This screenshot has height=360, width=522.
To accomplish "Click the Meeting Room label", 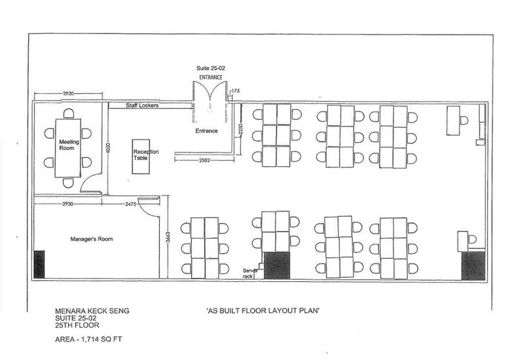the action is tap(69, 145).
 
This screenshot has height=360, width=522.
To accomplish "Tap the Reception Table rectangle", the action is tap(141, 157).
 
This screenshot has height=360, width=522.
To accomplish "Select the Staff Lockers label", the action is tap(142, 105).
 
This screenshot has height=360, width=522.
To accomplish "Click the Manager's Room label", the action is tap(91, 239).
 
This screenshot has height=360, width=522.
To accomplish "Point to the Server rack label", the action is tap(250, 273).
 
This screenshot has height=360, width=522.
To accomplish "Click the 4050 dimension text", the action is tap(107, 148).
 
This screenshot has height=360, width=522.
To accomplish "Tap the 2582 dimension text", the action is tap(204, 160).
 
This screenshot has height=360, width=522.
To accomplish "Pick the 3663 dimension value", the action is tap(168, 237).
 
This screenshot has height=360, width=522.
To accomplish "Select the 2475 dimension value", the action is tap(130, 204).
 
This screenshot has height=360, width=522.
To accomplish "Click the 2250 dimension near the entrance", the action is tap(241, 129).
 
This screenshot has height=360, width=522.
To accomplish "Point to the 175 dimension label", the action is tap(236, 91).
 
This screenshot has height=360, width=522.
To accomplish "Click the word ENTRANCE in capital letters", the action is tap(210, 77).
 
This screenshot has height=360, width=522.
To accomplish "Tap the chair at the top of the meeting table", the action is tap(69, 113).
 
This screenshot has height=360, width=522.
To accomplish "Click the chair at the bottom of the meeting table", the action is tap(69, 183).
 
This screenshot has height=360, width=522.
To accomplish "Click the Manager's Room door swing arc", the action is tap(146, 210).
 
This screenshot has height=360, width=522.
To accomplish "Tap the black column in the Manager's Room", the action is tap(39, 264).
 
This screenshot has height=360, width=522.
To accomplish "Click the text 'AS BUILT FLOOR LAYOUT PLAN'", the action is tap(263, 310).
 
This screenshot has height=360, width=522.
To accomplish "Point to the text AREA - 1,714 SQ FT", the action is tap(89, 339).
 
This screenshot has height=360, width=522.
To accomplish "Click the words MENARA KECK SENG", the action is tap(92, 311).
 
